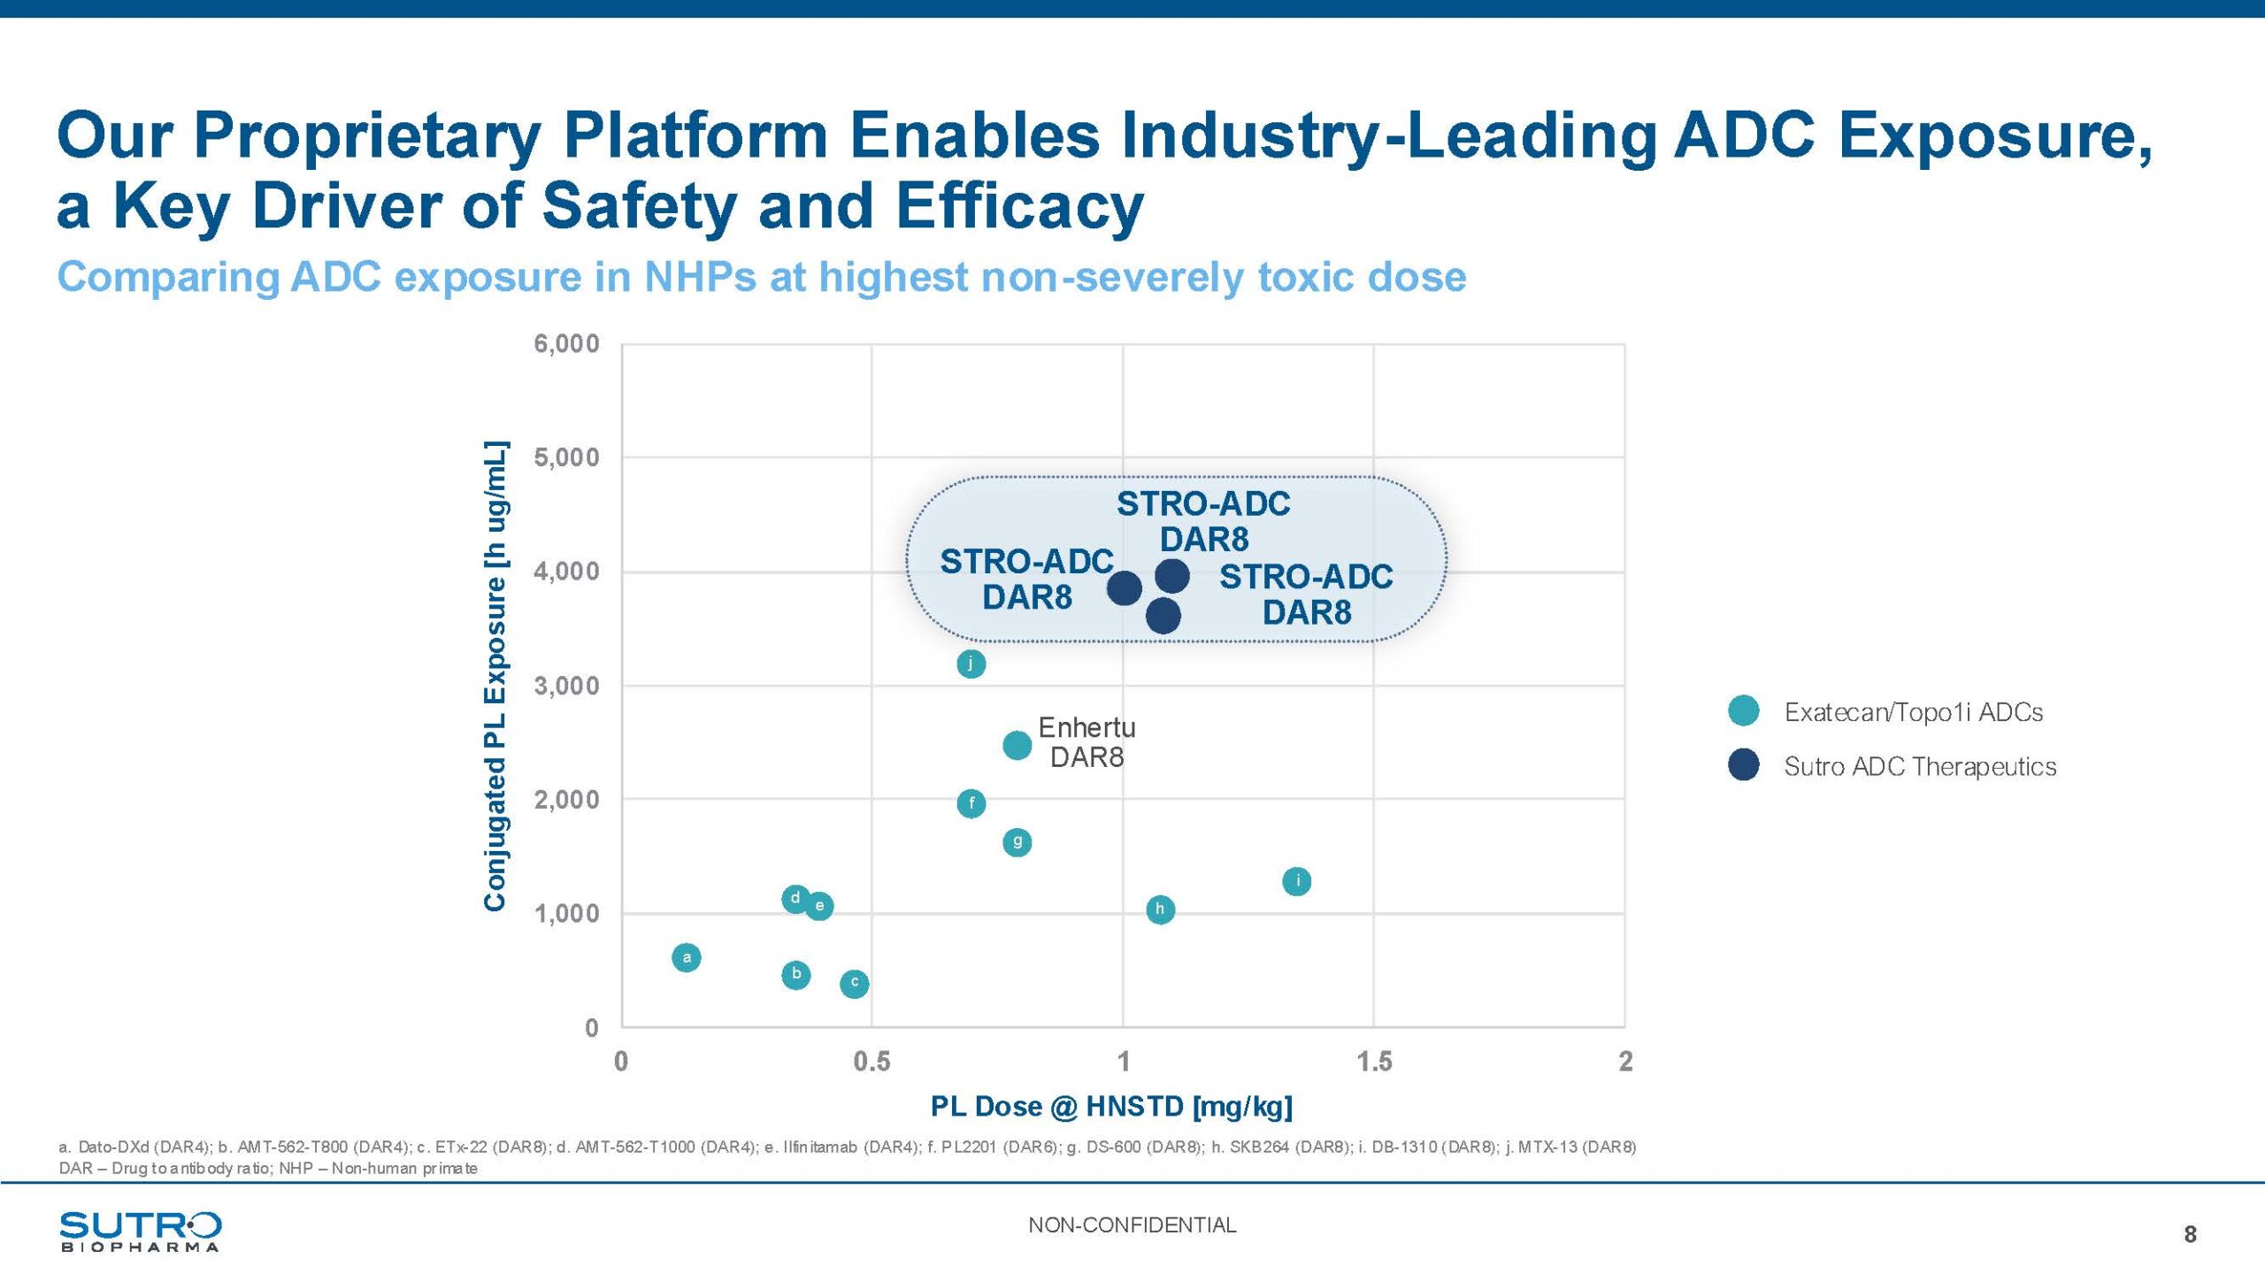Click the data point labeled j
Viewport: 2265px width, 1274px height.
[971, 664]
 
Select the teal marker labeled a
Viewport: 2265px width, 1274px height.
[687, 957]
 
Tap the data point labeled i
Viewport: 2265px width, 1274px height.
[1296, 881]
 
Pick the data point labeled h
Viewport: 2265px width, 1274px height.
[1160, 909]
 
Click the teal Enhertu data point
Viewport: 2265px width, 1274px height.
[1017, 746]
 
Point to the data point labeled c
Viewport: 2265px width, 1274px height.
[854, 983]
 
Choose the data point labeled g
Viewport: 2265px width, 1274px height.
[1017, 842]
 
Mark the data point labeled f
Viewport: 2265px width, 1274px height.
[971, 803]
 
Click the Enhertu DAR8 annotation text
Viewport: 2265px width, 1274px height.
[1086, 742]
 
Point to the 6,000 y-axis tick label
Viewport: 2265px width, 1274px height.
[566, 343]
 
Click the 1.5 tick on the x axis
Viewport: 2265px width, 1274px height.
[1374, 1061]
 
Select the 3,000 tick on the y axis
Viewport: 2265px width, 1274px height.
[566, 686]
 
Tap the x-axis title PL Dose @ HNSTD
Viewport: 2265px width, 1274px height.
[1111, 1106]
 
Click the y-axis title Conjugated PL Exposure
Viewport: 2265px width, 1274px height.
[495, 676]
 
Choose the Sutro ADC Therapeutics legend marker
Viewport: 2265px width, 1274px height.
[1743, 765]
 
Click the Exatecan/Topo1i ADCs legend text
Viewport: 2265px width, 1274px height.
[1913, 712]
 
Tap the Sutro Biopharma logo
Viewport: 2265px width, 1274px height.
[140, 1232]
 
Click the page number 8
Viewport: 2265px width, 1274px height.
[2190, 1234]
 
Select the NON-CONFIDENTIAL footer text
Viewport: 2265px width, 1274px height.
[1132, 1225]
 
